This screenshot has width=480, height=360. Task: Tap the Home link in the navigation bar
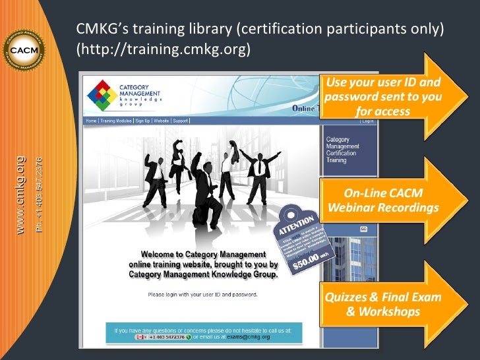[x=91, y=121]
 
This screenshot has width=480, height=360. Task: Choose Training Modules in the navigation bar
[x=116, y=121]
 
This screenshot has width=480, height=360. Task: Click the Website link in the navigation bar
[x=162, y=121]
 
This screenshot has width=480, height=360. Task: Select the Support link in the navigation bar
[x=181, y=121]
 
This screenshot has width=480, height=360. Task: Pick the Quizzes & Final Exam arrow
[x=383, y=303]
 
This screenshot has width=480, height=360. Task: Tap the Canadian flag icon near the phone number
[x=141, y=337]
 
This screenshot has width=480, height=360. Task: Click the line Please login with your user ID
[x=202, y=294]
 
